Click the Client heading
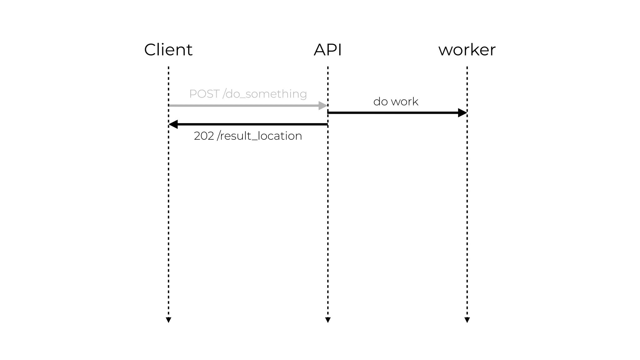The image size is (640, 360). [x=168, y=50]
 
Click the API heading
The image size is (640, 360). [x=327, y=50]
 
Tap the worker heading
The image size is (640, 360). [x=467, y=50]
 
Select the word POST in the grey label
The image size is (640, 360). [x=204, y=94]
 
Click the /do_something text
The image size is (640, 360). [x=265, y=94]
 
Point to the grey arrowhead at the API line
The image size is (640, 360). [x=323, y=106]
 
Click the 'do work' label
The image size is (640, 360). [x=396, y=102]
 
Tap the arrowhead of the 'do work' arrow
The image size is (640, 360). [x=462, y=113]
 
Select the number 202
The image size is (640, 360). [x=204, y=136]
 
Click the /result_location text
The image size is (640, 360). [x=259, y=136]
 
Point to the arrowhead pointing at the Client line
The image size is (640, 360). [x=173, y=124]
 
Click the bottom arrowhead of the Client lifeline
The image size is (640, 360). [x=168, y=320]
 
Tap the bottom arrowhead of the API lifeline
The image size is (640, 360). [x=328, y=320]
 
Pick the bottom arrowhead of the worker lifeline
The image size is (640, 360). [x=467, y=320]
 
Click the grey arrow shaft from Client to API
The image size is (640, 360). [x=244, y=106]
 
